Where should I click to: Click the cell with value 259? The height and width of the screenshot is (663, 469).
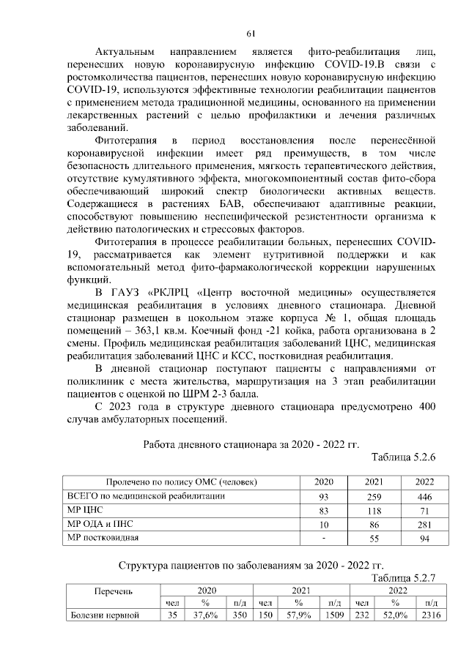point(374,496)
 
